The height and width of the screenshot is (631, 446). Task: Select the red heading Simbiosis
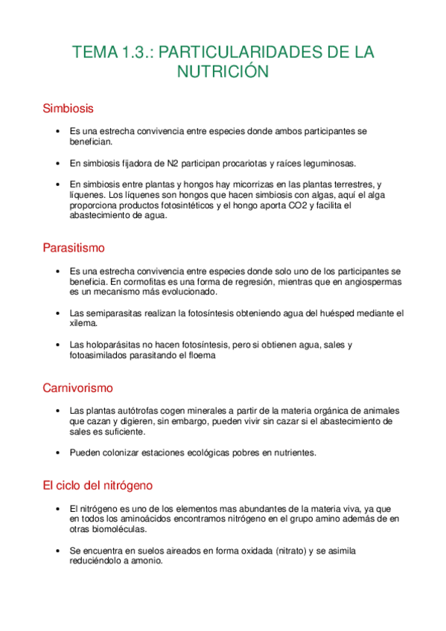tap(69, 109)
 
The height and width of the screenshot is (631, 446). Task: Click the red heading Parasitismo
tap(74, 247)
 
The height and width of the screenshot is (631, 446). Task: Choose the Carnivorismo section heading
tap(77, 388)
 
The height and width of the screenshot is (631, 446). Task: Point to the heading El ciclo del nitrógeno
tap(98, 485)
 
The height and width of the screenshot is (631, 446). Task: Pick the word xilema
tap(83, 324)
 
